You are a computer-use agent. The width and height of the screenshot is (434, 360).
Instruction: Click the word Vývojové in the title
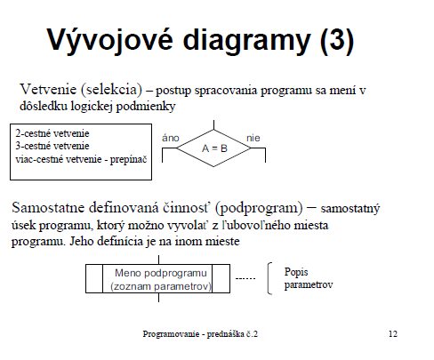[110, 40]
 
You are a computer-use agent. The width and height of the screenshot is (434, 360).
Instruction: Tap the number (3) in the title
[337, 40]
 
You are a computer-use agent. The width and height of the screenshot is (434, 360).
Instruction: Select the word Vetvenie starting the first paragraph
[48, 89]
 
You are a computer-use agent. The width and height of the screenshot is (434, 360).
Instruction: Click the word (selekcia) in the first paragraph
[111, 90]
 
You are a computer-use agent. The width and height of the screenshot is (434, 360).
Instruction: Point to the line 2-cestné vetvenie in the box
[52, 133]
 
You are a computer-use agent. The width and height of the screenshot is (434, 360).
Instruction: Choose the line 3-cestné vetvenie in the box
[52, 146]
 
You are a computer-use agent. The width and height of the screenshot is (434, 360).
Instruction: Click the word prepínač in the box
[128, 160]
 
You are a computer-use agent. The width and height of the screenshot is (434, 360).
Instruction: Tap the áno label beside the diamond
[171, 138]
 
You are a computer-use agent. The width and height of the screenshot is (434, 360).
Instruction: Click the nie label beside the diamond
[253, 138]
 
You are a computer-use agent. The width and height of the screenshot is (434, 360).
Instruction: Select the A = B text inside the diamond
[214, 148]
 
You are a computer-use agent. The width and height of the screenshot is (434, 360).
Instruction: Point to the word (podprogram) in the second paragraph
[259, 208]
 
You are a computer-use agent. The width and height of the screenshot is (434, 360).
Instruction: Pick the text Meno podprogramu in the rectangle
[161, 273]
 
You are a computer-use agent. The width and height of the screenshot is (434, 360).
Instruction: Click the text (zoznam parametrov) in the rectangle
[161, 286]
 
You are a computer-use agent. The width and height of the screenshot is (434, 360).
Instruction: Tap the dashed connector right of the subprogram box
[245, 278]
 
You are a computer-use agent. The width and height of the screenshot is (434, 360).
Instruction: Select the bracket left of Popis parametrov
[268, 278]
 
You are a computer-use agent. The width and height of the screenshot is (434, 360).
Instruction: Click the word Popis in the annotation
[296, 272]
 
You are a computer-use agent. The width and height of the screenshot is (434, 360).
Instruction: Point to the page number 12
[393, 334]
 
